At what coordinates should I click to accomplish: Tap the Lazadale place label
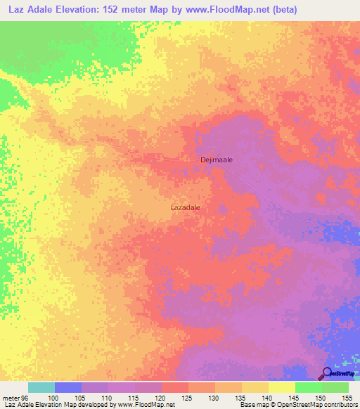(190, 208)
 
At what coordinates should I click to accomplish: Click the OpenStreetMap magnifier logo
(327, 373)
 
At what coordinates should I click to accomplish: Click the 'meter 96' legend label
(14, 397)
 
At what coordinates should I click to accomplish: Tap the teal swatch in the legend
(41, 387)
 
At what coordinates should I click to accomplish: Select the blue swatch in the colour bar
(67, 387)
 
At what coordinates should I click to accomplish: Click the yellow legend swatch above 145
(281, 387)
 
